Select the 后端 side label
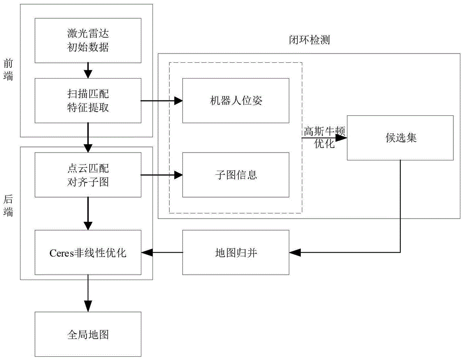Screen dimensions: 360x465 pyautogui.click(x=8, y=205)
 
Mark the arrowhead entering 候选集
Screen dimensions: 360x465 pyautogui.click(x=343, y=138)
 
